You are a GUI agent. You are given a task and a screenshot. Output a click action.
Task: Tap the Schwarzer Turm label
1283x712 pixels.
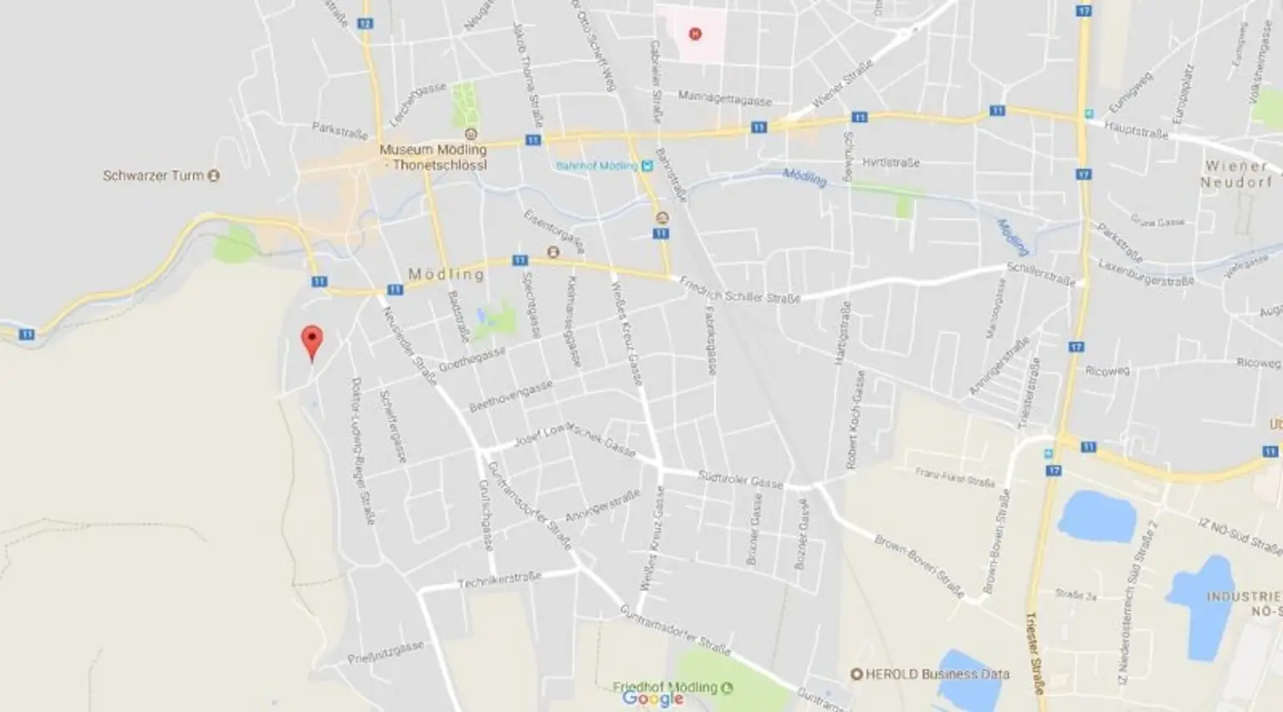click(153, 175)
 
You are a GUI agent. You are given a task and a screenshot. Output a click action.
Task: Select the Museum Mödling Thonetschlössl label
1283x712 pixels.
click(433, 157)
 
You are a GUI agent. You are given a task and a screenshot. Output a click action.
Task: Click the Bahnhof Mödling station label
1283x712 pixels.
click(596, 166)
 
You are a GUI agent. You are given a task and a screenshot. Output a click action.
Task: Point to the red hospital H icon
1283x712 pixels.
click(694, 34)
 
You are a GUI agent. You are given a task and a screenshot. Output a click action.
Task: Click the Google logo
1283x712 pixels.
click(652, 699)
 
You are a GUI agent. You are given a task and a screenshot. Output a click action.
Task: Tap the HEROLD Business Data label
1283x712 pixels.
click(937, 674)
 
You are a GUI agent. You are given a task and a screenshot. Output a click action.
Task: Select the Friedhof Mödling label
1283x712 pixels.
click(665, 687)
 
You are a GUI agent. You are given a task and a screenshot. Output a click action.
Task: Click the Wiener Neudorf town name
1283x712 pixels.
click(1236, 174)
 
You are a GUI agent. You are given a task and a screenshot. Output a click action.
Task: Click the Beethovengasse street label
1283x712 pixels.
click(510, 397)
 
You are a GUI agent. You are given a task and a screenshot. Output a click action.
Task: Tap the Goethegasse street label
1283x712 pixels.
click(472, 360)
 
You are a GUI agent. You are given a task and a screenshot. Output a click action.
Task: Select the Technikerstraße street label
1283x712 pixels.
click(499, 580)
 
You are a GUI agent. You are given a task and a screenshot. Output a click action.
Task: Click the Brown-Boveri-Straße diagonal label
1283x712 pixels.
click(919, 565)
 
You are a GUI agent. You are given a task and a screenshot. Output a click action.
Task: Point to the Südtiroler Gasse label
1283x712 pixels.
click(740, 479)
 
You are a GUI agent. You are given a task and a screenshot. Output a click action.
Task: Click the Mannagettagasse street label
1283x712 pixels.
click(724, 98)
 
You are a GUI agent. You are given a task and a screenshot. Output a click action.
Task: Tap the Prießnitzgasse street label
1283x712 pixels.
click(386, 652)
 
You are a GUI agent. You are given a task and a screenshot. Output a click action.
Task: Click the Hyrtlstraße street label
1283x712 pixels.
click(890, 162)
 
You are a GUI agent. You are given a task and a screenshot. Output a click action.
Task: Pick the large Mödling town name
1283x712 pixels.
click(446, 274)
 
